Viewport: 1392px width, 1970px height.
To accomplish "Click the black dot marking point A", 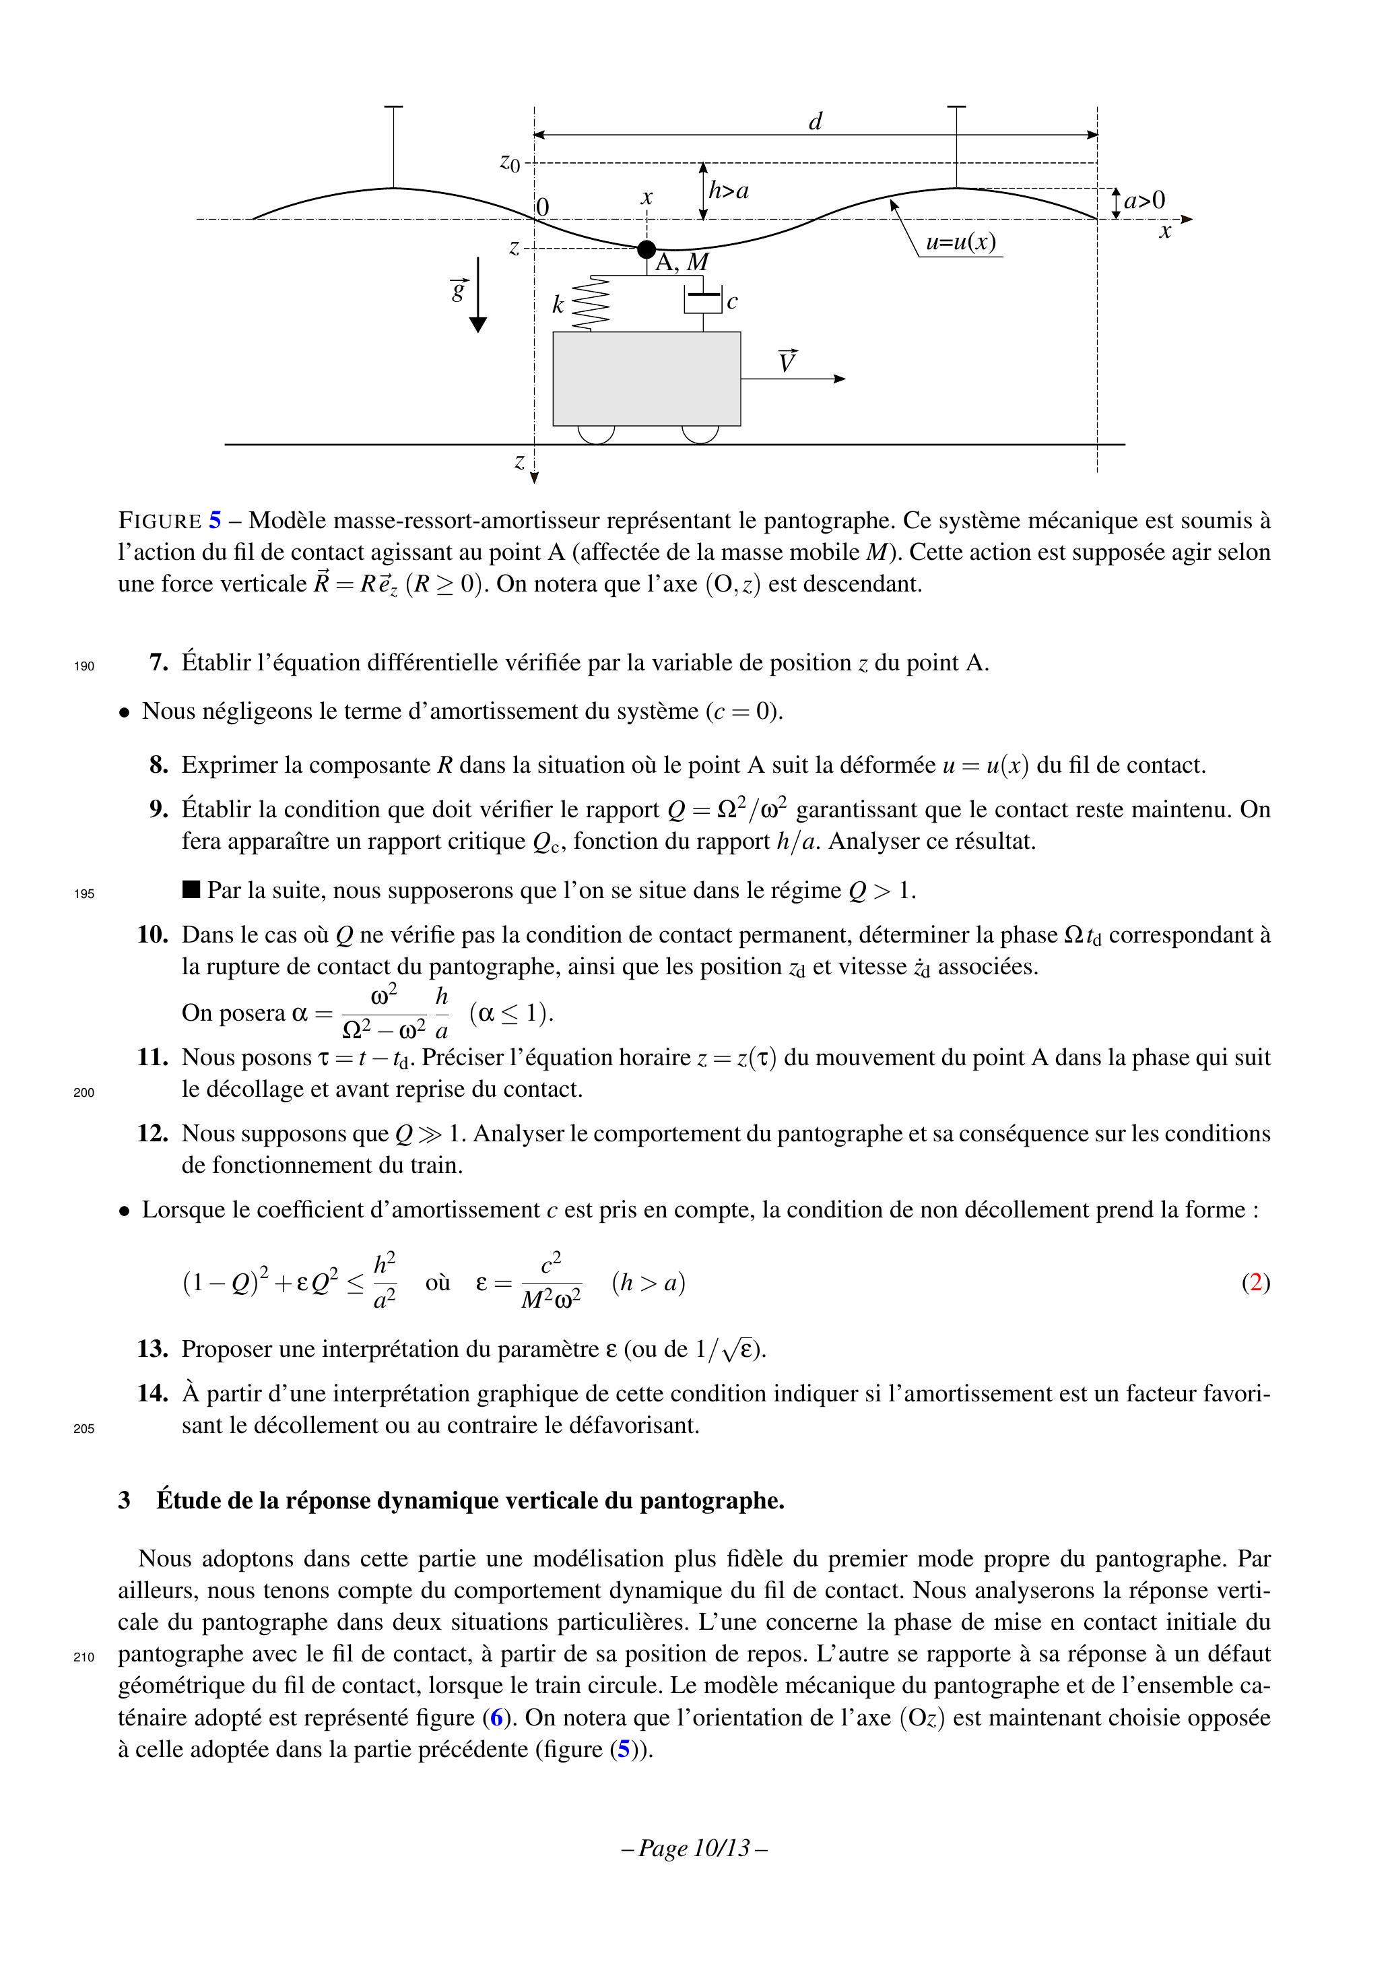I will pyautogui.click(x=647, y=249).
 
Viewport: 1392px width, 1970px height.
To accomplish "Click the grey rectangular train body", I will pyautogui.click(x=647, y=379).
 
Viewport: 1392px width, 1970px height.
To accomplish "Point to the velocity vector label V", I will pyautogui.click(x=787, y=362).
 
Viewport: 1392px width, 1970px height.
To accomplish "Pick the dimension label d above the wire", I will pyautogui.click(x=816, y=123).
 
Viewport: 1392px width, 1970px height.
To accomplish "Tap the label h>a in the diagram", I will pyautogui.click(x=729, y=191).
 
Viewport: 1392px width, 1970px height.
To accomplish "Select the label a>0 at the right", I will pyautogui.click(x=1145, y=201).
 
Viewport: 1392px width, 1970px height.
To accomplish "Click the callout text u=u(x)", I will pyautogui.click(x=960, y=243).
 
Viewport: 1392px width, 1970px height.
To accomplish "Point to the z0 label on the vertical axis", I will pyautogui.click(x=510, y=162).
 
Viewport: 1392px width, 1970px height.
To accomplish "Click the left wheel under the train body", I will pyautogui.click(x=596, y=434).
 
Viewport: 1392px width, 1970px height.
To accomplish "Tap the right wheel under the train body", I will pyautogui.click(x=700, y=434).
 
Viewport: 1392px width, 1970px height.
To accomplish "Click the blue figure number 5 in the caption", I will pyautogui.click(x=214, y=521).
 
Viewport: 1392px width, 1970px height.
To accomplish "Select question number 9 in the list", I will pyautogui.click(x=159, y=809).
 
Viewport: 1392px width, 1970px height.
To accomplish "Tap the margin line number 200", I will pyautogui.click(x=84, y=1093).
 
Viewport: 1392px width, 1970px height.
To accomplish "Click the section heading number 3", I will pyautogui.click(x=125, y=1500).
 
